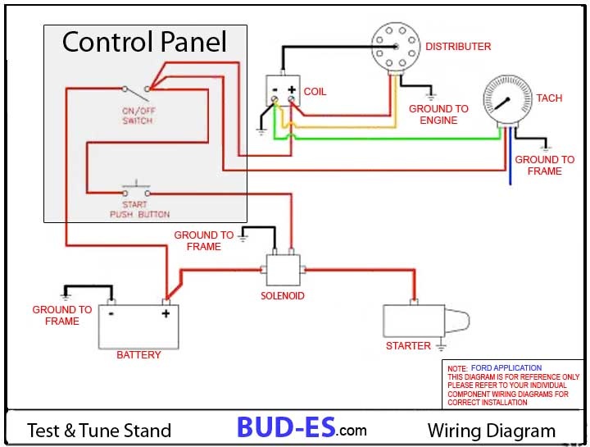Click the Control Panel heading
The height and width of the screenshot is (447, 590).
coord(144,41)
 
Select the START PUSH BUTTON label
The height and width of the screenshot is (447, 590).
coord(139,209)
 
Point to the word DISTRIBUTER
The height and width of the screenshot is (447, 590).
coord(458,47)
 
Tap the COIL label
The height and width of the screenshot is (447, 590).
coord(315,92)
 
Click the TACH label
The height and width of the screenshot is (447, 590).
coord(549,98)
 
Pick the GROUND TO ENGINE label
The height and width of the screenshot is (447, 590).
coord(438,115)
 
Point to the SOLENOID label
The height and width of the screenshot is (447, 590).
coord(283,296)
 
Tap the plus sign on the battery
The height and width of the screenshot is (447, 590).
coord(165,313)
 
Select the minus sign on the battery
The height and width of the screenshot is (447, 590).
coord(110,313)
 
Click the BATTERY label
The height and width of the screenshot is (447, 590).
coord(138,355)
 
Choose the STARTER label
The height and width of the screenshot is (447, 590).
coord(408,346)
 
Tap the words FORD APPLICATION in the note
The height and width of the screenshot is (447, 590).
coord(506,368)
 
